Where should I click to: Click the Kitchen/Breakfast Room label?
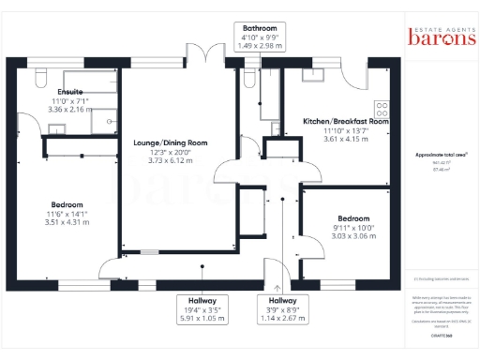click(346, 121)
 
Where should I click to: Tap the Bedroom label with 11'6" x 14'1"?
click(67, 204)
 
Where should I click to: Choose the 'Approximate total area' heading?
click(441, 154)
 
